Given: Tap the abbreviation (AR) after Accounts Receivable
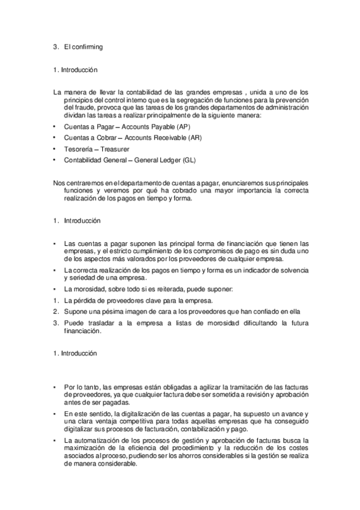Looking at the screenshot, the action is [194, 138].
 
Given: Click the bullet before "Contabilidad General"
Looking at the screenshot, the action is [55, 159].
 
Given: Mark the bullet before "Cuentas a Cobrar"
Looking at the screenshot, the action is [55, 138].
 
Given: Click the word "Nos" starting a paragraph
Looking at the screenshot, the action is [58, 182].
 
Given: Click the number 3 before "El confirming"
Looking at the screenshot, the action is [55, 46].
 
